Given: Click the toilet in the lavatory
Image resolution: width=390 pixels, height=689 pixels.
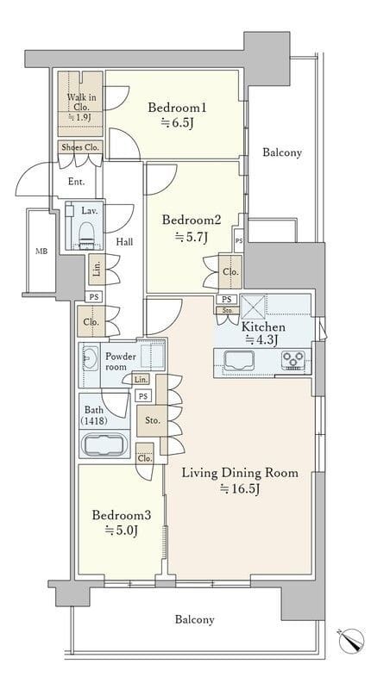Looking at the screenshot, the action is (x=86, y=233).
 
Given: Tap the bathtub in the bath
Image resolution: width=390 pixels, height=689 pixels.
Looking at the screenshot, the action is (x=105, y=444).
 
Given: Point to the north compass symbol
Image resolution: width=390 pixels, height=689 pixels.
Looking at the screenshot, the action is (x=352, y=640).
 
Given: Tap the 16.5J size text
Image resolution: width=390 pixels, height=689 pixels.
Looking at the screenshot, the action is (x=240, y=488).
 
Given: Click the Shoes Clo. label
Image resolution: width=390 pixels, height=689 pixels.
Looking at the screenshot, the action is (x=81, y=147).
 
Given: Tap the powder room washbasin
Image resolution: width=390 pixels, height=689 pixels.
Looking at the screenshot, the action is (x=91, y=358).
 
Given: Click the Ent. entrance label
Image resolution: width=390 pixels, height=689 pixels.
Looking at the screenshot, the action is (x=77, y=182).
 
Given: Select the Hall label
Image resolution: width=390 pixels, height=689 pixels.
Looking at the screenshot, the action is (x=124, y=241).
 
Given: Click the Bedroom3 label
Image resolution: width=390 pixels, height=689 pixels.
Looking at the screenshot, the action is (x=122, y=515).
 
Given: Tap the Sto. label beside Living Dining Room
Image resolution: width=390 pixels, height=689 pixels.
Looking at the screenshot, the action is (x=153, y=420).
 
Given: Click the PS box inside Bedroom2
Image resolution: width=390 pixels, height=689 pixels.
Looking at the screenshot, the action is (x=239, y=241).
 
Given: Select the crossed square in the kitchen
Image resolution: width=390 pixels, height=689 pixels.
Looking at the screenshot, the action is (x=254, y=307).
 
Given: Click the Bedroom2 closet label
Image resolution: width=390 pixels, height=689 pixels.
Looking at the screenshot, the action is (x=230, y=272).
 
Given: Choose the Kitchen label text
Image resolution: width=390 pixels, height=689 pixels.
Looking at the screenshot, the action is (x=263, y=327).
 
